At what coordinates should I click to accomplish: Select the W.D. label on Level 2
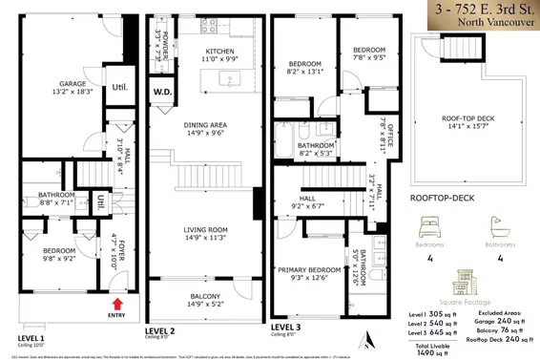163,93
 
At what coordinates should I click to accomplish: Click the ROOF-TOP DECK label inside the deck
465,121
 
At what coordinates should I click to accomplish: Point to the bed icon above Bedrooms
426,227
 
